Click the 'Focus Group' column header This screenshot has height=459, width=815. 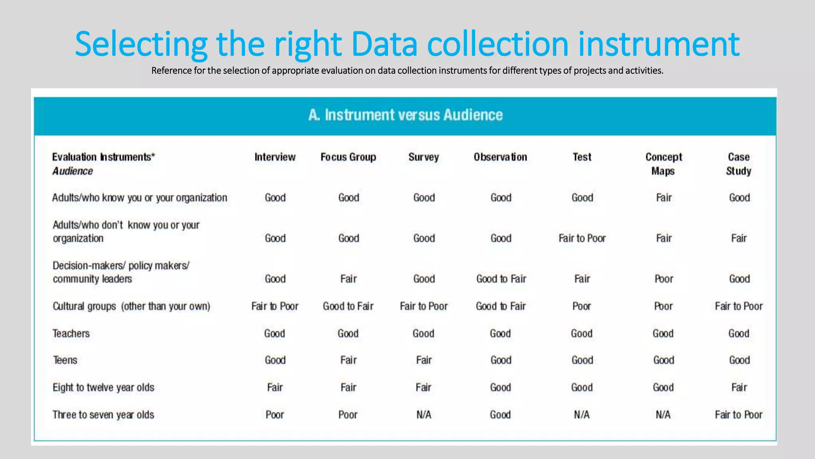click(x=348, y=157)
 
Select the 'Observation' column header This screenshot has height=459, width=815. click(x=500, y=157)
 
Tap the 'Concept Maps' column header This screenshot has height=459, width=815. click(x=663, y=164)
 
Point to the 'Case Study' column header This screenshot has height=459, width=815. click(x=739, y=164)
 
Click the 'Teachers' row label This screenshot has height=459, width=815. click(x=71, y=333)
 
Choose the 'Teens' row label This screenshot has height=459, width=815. click(x=65, y=360)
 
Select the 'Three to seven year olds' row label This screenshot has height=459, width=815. click(x=103, y=415)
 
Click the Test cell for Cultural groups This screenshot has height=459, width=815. click(x=582, y=306)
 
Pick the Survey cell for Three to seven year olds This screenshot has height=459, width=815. click(x=424, y=415)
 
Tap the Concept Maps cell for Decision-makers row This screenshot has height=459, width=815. click(x=664, y=279)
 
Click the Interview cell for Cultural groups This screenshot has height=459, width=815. click(x=275, y=306)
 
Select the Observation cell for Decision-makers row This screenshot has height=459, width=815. click(x=501, y=279)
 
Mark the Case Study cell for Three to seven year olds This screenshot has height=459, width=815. click(x=739, y=415)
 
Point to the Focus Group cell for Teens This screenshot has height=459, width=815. click(x=348, y=360)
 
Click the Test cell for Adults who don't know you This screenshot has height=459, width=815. click(x=582, y=238)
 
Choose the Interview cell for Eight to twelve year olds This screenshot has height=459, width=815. click(x=275, y=387)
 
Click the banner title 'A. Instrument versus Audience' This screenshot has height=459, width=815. click(x=406, y=115)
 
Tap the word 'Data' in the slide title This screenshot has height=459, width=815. click(x=384, y=44)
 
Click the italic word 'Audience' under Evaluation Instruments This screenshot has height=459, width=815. click(x=73, y=171)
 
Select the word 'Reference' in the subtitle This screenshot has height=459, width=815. click(x=172, y=71)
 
